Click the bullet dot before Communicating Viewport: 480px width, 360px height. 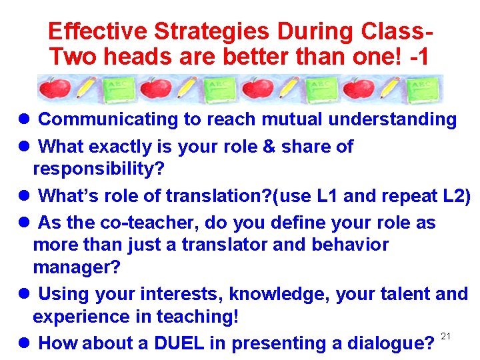[23, 120]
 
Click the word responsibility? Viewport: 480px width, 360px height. [99, 169]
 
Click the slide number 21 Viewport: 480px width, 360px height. [447, 335]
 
